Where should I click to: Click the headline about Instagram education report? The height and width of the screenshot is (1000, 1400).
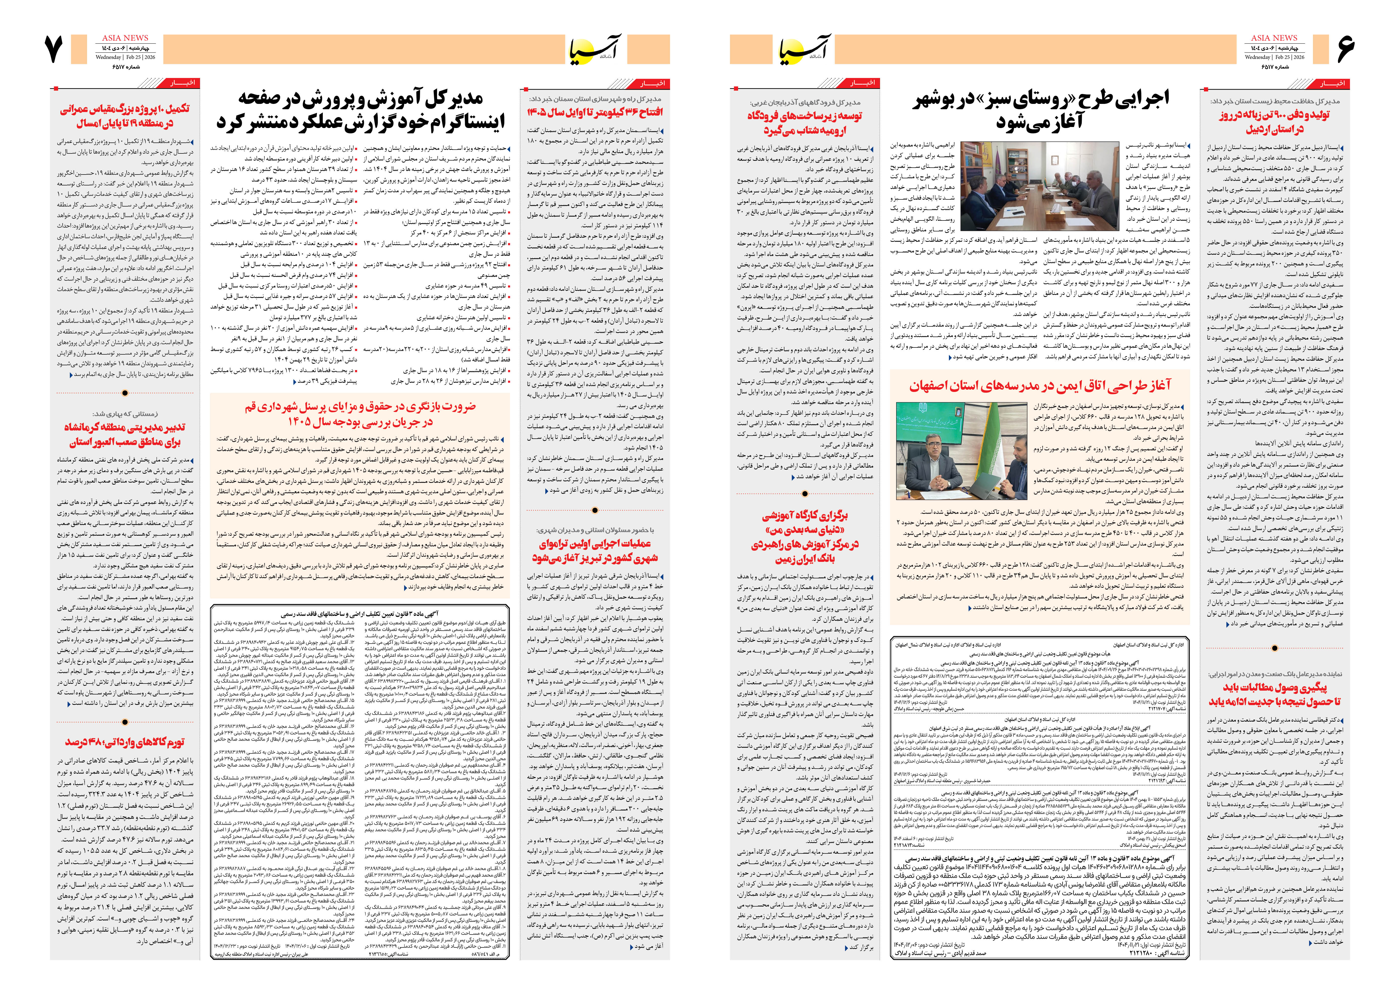(360, 110)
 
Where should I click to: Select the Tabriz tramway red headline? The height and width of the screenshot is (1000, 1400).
(594, 550)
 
